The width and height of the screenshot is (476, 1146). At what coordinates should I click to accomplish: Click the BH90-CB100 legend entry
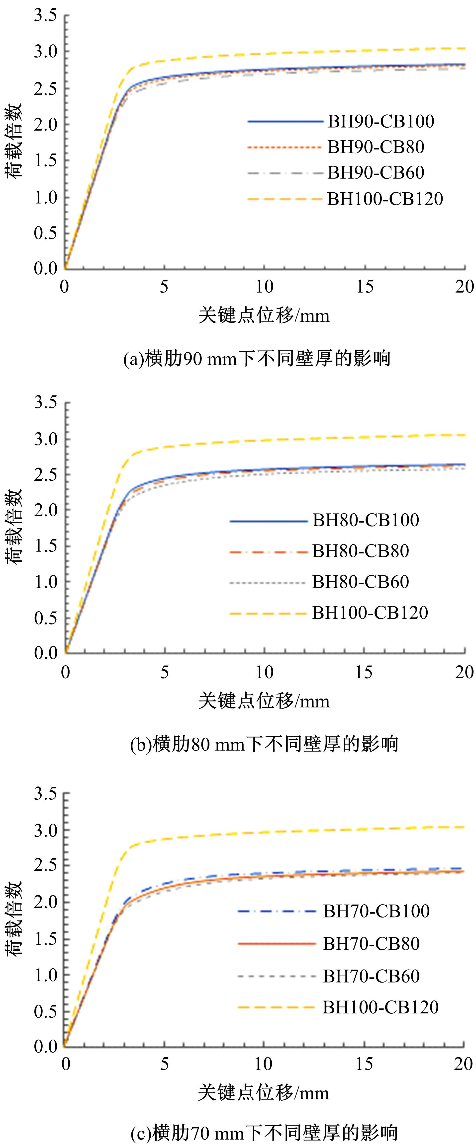point(381,121)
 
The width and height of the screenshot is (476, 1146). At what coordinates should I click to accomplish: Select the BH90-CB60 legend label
point(376,173)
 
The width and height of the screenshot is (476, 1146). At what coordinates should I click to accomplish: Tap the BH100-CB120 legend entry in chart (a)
point(385,199)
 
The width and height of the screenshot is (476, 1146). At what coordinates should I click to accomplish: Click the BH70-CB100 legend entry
point(376,911)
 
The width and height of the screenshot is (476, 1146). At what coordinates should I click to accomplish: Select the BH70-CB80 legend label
point(371,944)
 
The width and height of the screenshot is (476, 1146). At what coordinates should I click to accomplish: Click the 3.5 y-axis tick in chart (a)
point(45,15)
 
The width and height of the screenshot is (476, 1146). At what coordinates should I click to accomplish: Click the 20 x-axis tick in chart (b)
point(464,672)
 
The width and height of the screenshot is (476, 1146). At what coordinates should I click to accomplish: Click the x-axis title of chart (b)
point(264,701)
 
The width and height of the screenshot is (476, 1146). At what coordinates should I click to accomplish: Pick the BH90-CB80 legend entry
point(376,147)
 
